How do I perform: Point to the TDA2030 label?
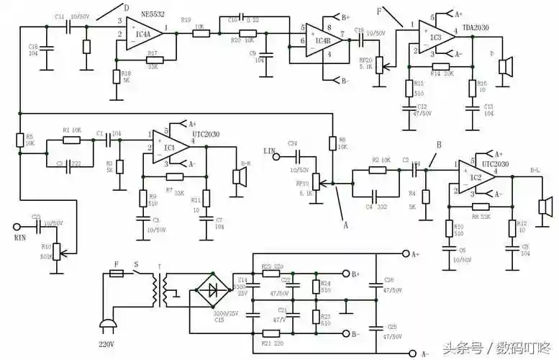coord(476,27)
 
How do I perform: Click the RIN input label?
coord(21,235)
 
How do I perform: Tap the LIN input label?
coord(270,151)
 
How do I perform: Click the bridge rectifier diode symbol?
coord(213,291)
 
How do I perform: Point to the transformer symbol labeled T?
coord(163,291)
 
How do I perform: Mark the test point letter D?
coord(127,9)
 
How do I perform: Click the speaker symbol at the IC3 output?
coord(506,68)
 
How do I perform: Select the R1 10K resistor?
coord(71,139)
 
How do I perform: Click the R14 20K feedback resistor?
coord(440,66)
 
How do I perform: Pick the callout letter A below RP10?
coord(345,225)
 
